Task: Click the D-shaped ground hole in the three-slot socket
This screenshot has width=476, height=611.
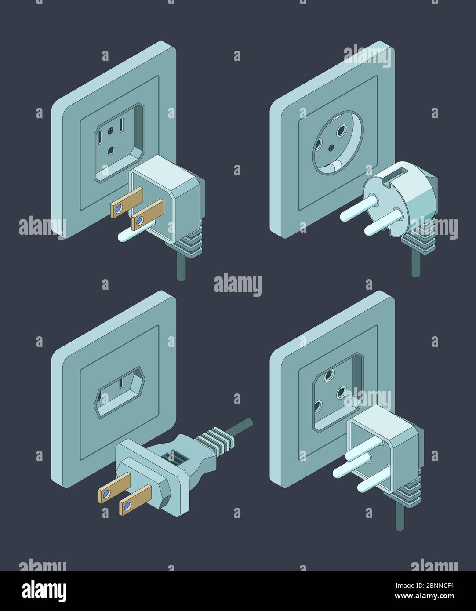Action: (110, 151)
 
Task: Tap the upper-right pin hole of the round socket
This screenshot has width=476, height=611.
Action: (341, 131)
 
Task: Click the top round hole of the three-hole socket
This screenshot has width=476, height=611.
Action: (328, 376)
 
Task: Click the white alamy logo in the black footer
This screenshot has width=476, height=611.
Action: (44, 591)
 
